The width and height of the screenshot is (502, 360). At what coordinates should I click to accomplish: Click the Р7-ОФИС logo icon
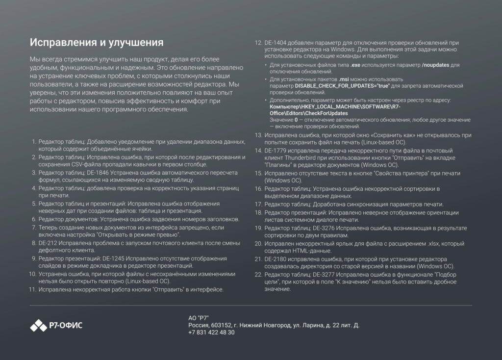pyautogui.click(x=38, y=325)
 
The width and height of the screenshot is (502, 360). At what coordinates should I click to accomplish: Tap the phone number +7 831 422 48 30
pyautogui.click(x=211, y=332)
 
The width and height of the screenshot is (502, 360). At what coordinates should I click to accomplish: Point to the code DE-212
pyautogui.click(x=49, y=243)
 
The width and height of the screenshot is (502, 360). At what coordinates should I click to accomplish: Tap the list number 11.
pyautogui.click(x=33, y=289)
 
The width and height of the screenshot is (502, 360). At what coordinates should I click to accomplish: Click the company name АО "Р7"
pyautogui.click(x=199, y=318)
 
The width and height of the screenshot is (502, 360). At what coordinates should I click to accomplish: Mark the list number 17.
pyautogui.click(x=258, y=204)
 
